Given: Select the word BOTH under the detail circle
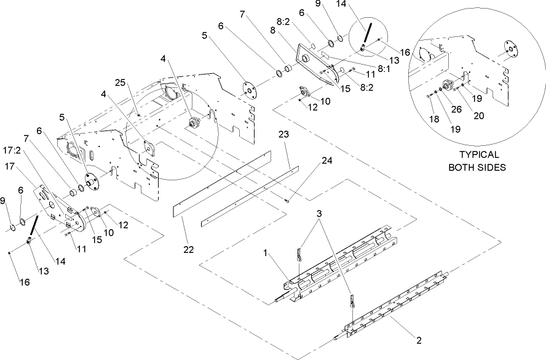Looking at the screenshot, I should tap(458, 167).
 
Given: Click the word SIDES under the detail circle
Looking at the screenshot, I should tap(494, 167).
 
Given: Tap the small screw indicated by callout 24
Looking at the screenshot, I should tap(288, 201).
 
